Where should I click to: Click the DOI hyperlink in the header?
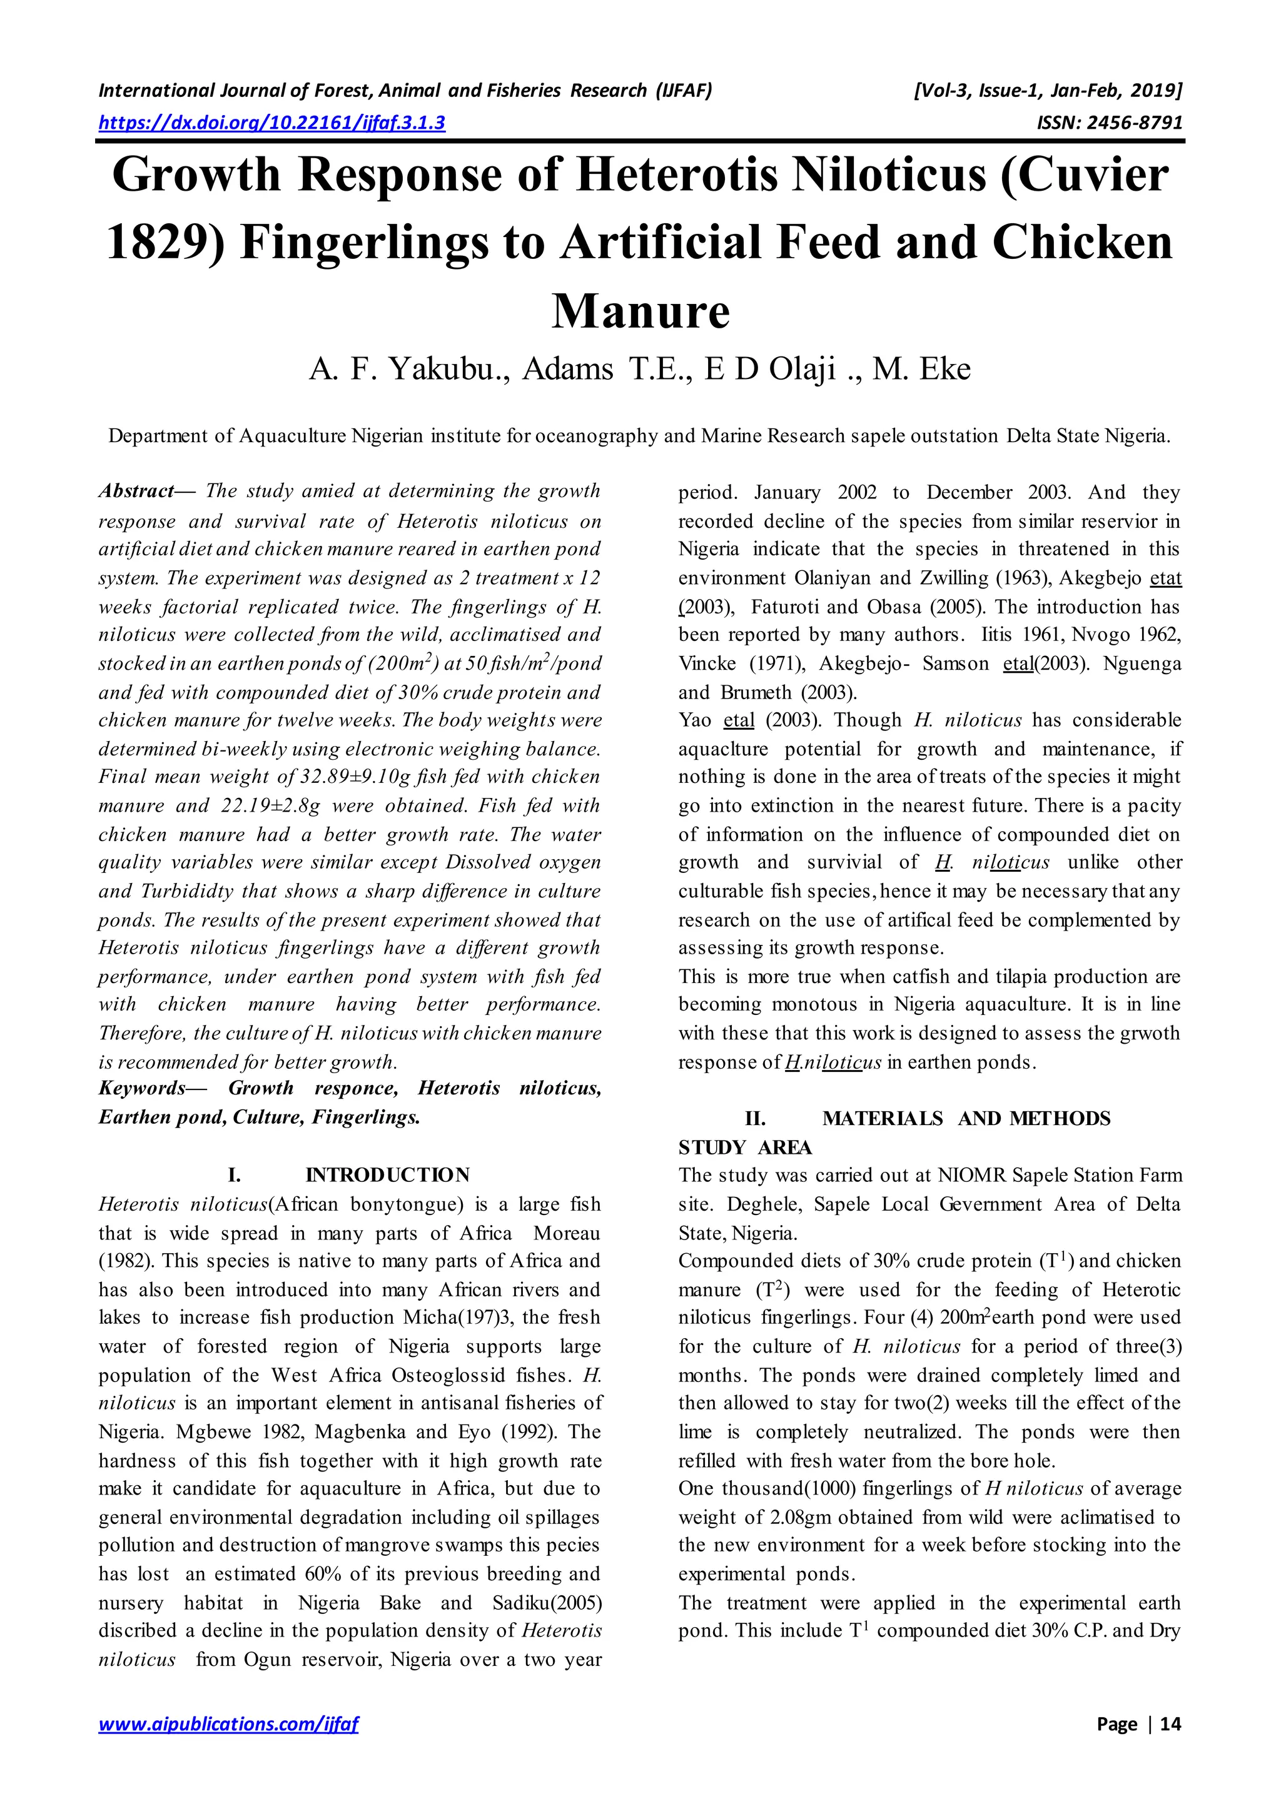pyautogui.click(x=271, y=123)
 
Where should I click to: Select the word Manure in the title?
pyautogui.click(x=640, y=311)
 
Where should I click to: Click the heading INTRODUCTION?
pyautogui.click(x=387, y=1175)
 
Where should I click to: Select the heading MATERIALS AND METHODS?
pyautogui.click(x=966, y=1119)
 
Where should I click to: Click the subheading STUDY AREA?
pyautogui.click(x=746, y=1147)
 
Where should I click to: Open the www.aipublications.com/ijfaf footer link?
pyautogui.click(x=228, y=1724)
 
